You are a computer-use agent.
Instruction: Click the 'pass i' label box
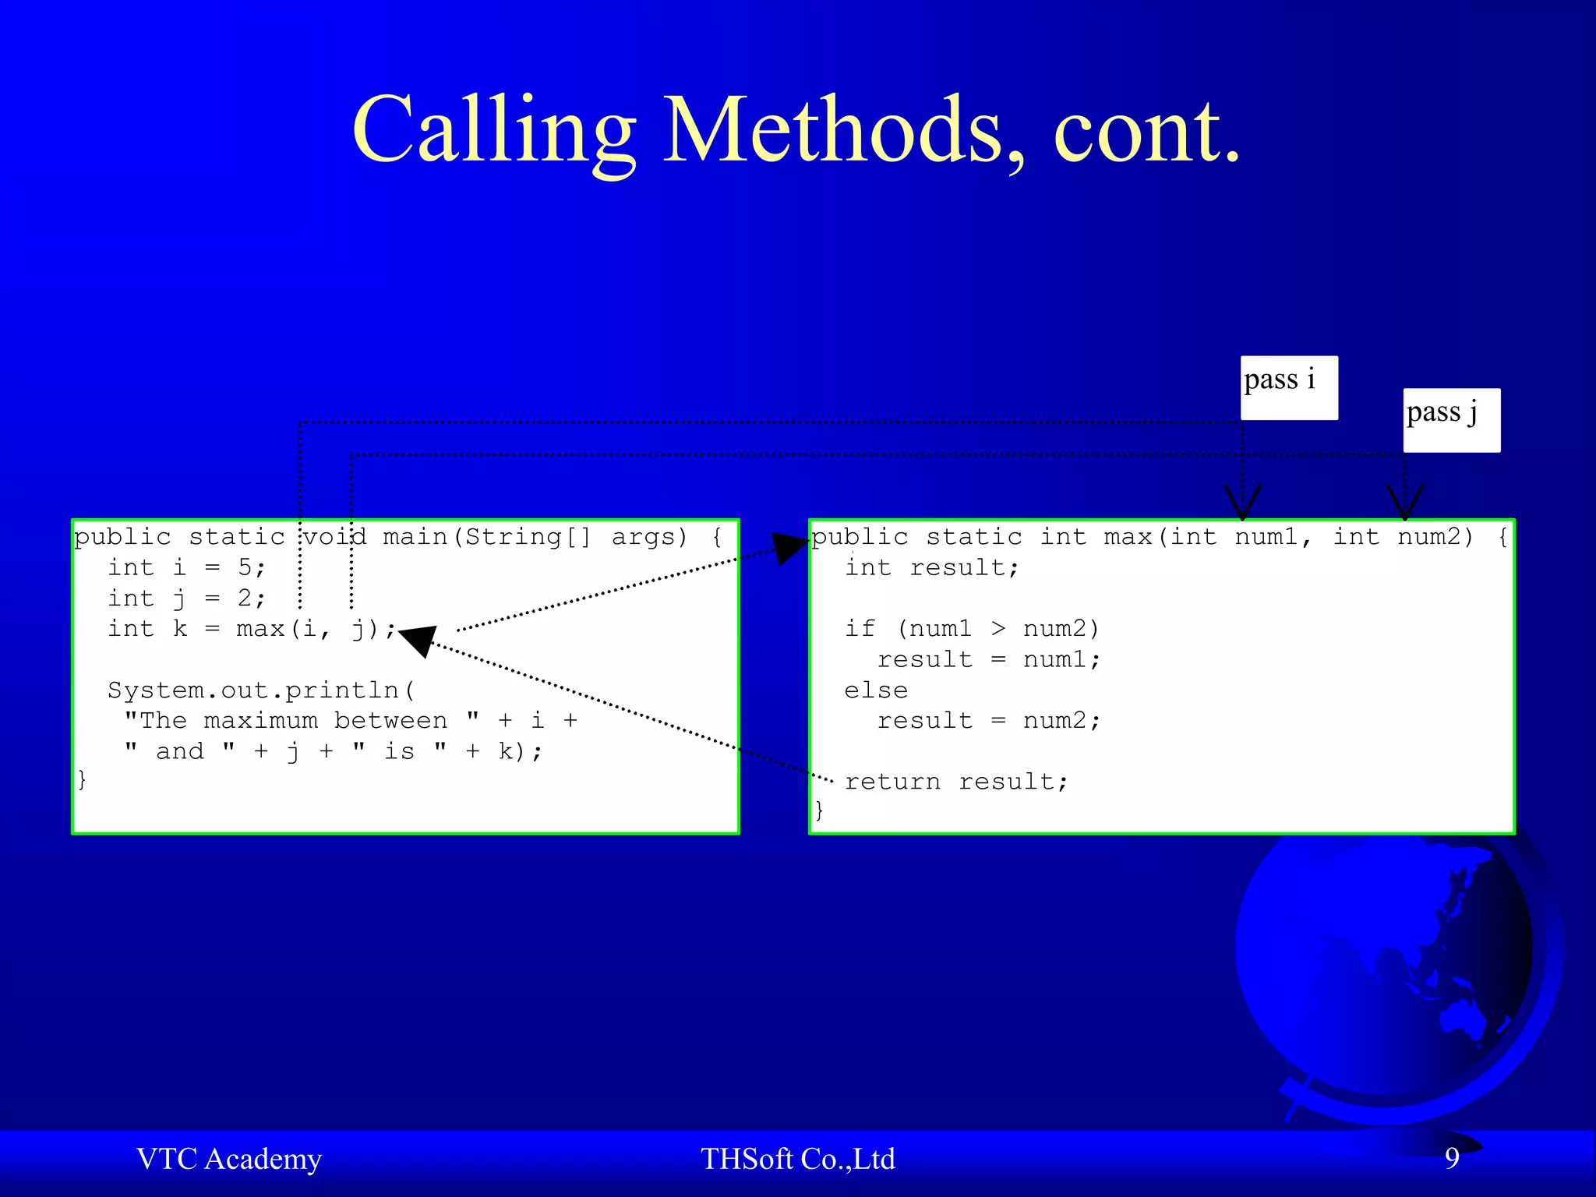(x=1289, y=387)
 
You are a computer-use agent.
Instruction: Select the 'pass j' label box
(x=1451, y=419)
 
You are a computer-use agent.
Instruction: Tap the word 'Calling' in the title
(x=493, y=131)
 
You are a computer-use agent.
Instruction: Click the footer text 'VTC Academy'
(x=229, y=1159)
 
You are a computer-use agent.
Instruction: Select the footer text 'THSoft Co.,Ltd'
(x=797, y=1159)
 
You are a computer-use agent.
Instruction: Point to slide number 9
(x=1452, y=1158)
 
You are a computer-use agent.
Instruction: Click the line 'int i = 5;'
(x=187, y=567)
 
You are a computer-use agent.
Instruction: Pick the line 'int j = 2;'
(x=187, y=598)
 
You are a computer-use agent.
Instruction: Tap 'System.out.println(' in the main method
(x=261, y=690)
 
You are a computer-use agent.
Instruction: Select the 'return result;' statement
(x=956, y=782)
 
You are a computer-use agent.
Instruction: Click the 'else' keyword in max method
(x=876, y=690)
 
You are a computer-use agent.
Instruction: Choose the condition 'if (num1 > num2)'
(x=972, y=628)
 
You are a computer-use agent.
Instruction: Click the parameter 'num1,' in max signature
(x=1273, y=537)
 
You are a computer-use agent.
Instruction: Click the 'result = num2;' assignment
(x=989, y=721)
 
